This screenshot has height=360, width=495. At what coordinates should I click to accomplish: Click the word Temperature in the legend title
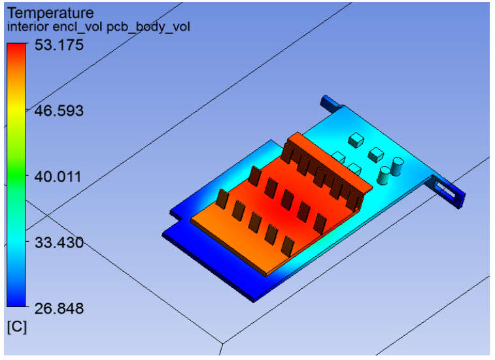click(50, 12)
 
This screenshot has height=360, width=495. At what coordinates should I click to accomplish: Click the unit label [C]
click(16, 327)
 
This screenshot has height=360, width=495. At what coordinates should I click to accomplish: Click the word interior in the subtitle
click(26, 27)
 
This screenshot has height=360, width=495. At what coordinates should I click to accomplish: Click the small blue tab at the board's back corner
click(329, 102)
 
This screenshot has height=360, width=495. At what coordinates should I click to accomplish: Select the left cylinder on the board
click(385, 174)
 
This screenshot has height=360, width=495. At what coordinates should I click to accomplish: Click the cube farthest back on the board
click(356, 139)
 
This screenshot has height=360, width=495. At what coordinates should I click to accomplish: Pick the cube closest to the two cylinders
click(375, 155)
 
